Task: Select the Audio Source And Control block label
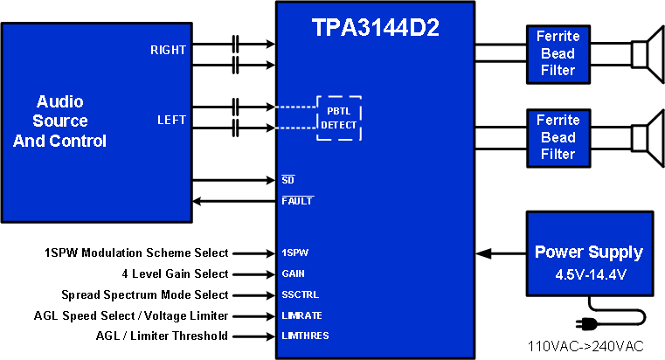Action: pos(60,121)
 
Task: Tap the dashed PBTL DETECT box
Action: pos(338,117)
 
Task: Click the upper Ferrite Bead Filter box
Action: pos(557,52)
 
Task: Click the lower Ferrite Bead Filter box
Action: pos(557,137)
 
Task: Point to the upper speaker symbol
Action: pos(648,52)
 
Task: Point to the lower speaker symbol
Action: pos(648,137)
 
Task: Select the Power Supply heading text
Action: pos(588,253)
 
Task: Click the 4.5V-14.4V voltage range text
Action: pos(588,273)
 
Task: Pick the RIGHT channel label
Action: pos(168,50)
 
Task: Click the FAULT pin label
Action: pos(297,201)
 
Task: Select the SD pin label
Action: pos(287,180)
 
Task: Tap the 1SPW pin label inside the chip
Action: pos(294,253)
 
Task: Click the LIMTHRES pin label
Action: pos(305,336)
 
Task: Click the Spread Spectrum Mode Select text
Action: pos(145,294)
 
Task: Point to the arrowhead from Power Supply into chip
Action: pos(483,253)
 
